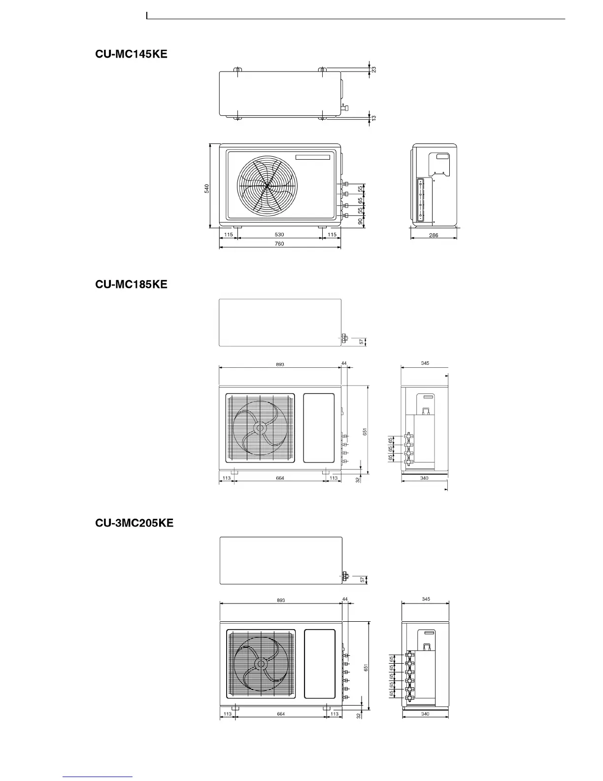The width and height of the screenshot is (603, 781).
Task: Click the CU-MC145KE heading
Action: tap(131, 54)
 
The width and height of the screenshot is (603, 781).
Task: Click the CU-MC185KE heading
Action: tap(131, 284)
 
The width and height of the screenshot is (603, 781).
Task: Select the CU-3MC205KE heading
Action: tap(134, 523)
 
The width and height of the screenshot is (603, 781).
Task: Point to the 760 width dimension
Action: tap(279, 244)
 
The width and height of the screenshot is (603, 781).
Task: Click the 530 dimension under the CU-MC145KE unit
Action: tap(279, 235)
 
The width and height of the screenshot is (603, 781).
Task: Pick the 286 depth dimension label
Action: tap(434, 235)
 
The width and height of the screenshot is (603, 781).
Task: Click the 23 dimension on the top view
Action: tap(374, 70)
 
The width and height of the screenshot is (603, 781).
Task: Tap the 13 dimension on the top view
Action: tap(374, 118)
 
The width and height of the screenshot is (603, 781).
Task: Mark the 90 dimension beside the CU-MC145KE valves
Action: tap(361, 222)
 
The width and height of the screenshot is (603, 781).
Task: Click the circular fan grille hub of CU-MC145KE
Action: tap(267, 186)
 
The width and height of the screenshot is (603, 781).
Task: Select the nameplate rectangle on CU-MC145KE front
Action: tap(313, 157)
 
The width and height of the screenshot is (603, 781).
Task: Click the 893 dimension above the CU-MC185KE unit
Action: tap(280, 364)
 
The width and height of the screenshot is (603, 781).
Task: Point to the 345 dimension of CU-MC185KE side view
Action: tap(425, 363)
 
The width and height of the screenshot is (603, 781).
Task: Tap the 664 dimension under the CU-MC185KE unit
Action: tap(280, 478)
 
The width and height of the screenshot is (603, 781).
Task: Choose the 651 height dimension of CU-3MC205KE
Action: tap(366, 668)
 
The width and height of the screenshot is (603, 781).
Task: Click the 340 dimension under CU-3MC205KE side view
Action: tap(425, 713)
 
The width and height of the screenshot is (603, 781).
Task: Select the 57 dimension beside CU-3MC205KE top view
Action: tap(364, 580)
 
